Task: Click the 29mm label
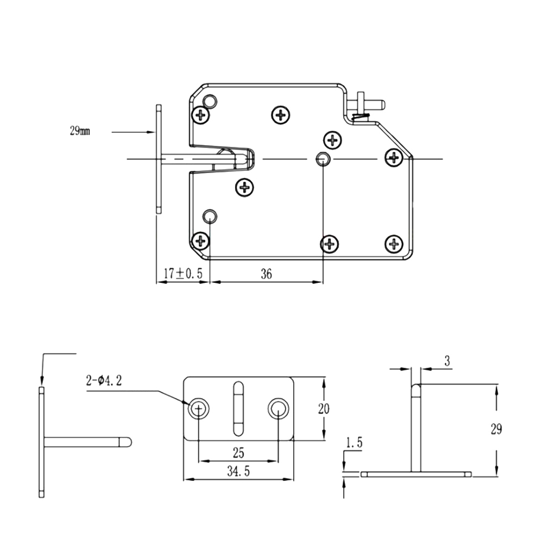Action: (80, 131)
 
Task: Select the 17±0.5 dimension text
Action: (183, 274)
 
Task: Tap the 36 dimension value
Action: (266, 274)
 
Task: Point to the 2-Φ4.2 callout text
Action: (104, 381)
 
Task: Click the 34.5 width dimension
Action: (238, 471)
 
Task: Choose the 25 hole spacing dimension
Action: (238, 453)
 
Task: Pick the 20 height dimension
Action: (324, 409)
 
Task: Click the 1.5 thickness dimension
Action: (354, 442)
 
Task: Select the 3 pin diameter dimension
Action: (447, 361)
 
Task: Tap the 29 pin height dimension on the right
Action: (496, 429)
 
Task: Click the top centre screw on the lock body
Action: (281, 115)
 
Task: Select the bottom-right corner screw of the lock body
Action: (394, 244)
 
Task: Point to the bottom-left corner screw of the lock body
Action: (201, 240)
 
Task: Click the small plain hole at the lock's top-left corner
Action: (209, 102)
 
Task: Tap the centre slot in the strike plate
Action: (238, 409)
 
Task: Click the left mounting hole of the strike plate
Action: (199, 409)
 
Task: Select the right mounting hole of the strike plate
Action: (278, 409)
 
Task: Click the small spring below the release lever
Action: (361, 118)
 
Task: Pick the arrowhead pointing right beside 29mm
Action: (151, 132)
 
